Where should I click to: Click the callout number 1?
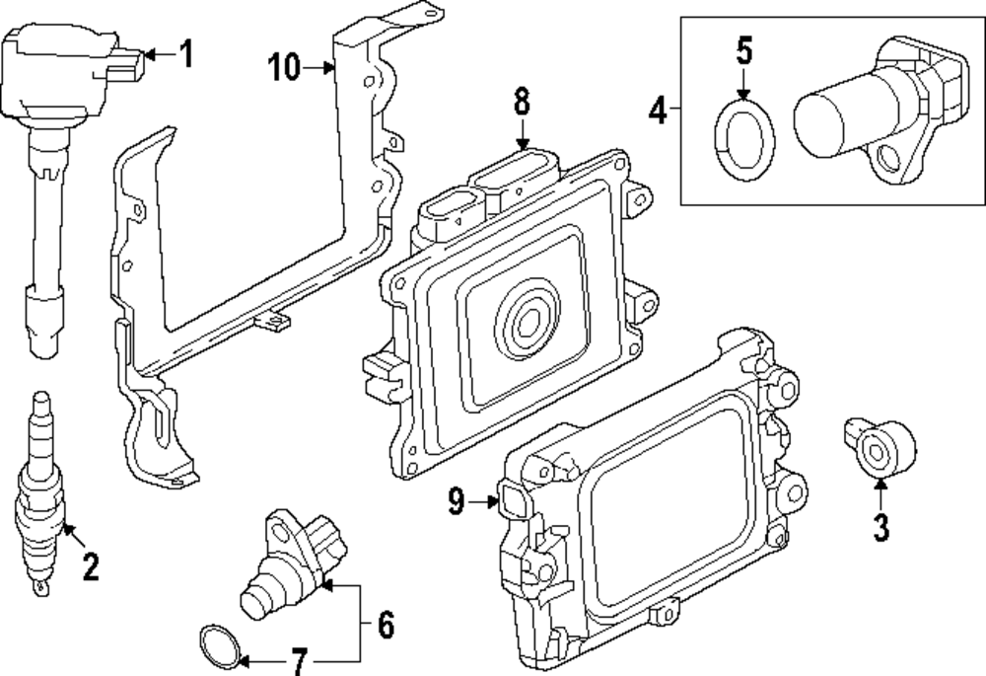(x=185, y=53)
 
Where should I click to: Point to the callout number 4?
(x=658, y=111)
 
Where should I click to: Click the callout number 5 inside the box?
(x=743, y=50)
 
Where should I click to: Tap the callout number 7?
(x=300, y=661)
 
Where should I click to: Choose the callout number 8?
(x=522, y=102)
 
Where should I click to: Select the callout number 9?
(x=456, y=501)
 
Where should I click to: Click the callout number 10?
(x=284, y=67)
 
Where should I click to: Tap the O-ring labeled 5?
(x=744, y=139)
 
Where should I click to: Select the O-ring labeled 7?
(x=220, y=646)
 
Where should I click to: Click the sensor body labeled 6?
(x=293, y=564)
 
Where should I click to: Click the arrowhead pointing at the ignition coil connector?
(x=150, y=54)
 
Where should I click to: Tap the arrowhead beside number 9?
(x=493, y=501)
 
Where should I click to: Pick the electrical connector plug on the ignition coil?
(x=127, y=66)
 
